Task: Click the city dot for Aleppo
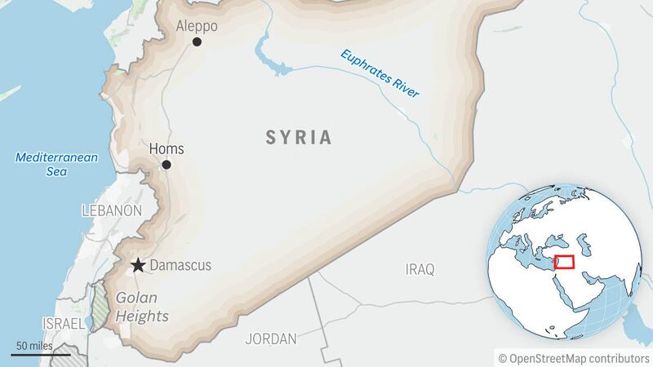click(x=197, y=42)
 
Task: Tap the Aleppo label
click(x=198, y=26)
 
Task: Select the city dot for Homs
click(x=167, y=165)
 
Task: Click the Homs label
click(x=167, y=149)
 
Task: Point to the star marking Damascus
click(x=139, y=265)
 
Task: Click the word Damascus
click(x=182, y=265)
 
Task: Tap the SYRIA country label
click(x=299, y=137)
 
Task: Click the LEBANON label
click(x=112, y=210)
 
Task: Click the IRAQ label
click(x=421, y=269)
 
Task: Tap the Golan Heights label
click(x=142, y=307)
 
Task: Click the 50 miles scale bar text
click(x=32, y=346)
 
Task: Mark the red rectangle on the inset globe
click(x=564, y=263)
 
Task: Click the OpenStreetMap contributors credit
click(x=573, y=356)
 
